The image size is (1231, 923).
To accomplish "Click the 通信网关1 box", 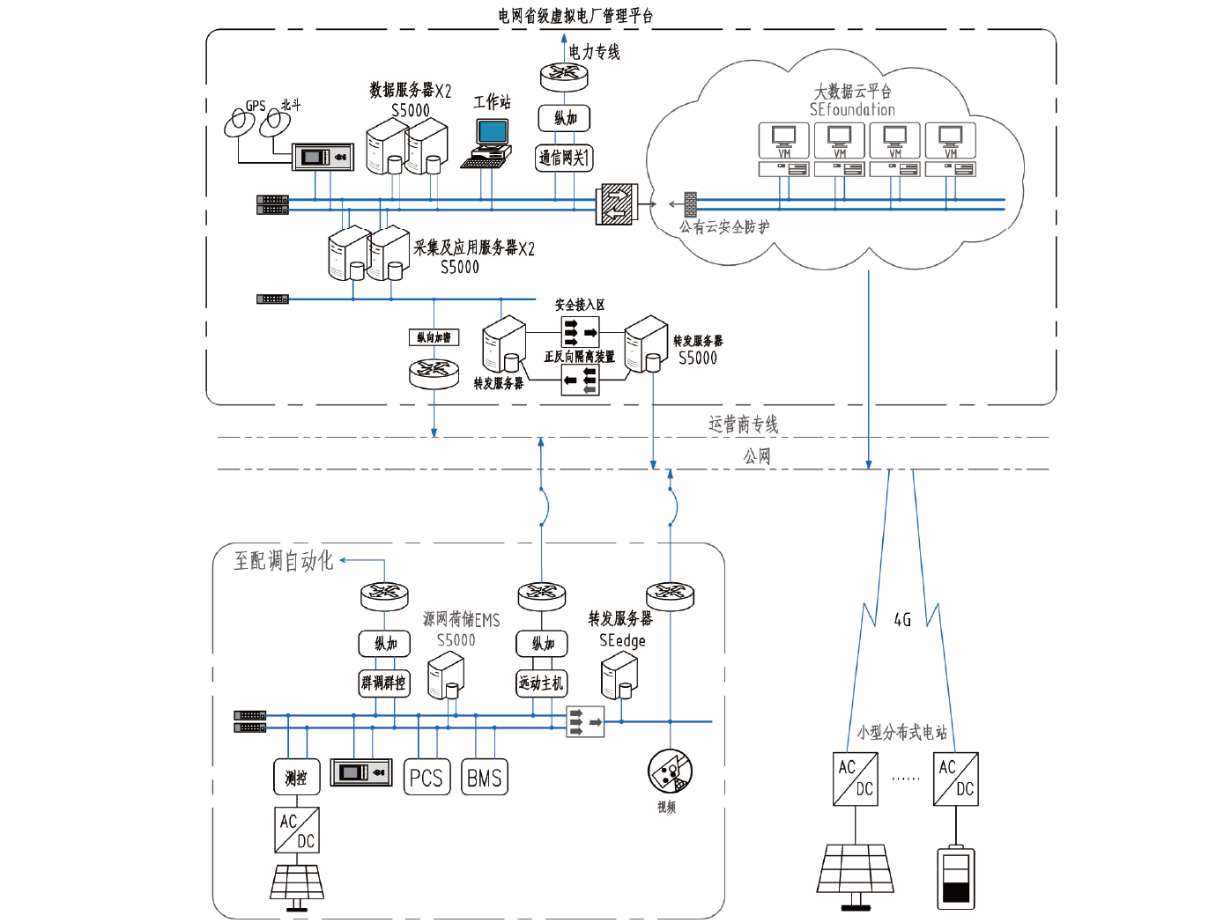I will tap(564, 158).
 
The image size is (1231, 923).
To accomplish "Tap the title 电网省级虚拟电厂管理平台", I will tap(575, 16).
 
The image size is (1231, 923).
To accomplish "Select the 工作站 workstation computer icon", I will tap(490, 141).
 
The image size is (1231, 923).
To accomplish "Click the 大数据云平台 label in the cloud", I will tap(852, 91).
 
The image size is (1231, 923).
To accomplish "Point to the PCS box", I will tap(426, 778).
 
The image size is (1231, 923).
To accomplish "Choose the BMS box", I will tap(485, 778).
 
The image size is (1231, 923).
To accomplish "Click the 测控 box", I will tap(296, 778).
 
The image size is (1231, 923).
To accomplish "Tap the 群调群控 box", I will tap(384, 683).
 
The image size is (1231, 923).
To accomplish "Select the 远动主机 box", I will tap(541, 683).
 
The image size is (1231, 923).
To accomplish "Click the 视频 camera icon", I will tap(670, 772).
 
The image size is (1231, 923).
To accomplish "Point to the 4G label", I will tap(902, 620).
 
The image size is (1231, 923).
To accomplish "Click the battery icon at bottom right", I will tap(956, 877).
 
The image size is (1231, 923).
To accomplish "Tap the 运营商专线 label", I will tap(743, 425).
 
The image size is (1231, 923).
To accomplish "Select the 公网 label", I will tap(757, 456).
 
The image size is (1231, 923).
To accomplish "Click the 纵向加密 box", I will tap(434, 337).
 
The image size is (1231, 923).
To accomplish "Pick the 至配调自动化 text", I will tap(284, 561).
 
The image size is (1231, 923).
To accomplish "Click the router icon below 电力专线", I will tap(564, 76).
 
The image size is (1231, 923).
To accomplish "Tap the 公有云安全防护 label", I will tap(724, 227).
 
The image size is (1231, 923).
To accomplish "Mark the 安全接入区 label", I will tap(579, 305).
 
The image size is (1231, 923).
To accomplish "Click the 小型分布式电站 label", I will tap(902, 732).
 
